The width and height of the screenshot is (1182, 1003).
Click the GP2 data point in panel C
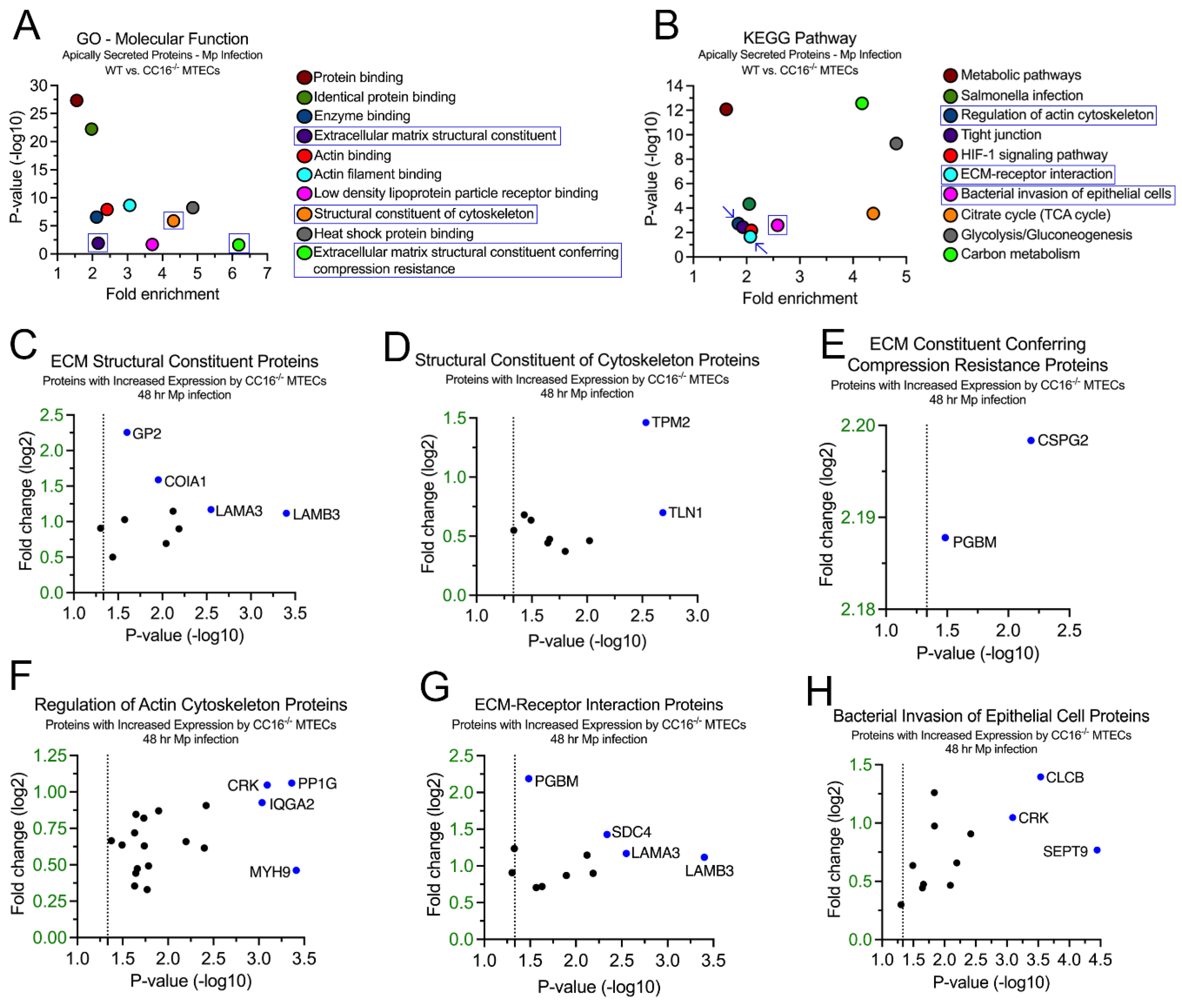click(x=127, y=432)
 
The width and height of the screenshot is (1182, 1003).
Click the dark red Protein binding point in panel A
click(x=77, y=100)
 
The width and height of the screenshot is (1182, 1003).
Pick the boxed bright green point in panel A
click(x=239, y=244)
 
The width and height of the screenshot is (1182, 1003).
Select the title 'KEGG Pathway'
click(x=799, y=38)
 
